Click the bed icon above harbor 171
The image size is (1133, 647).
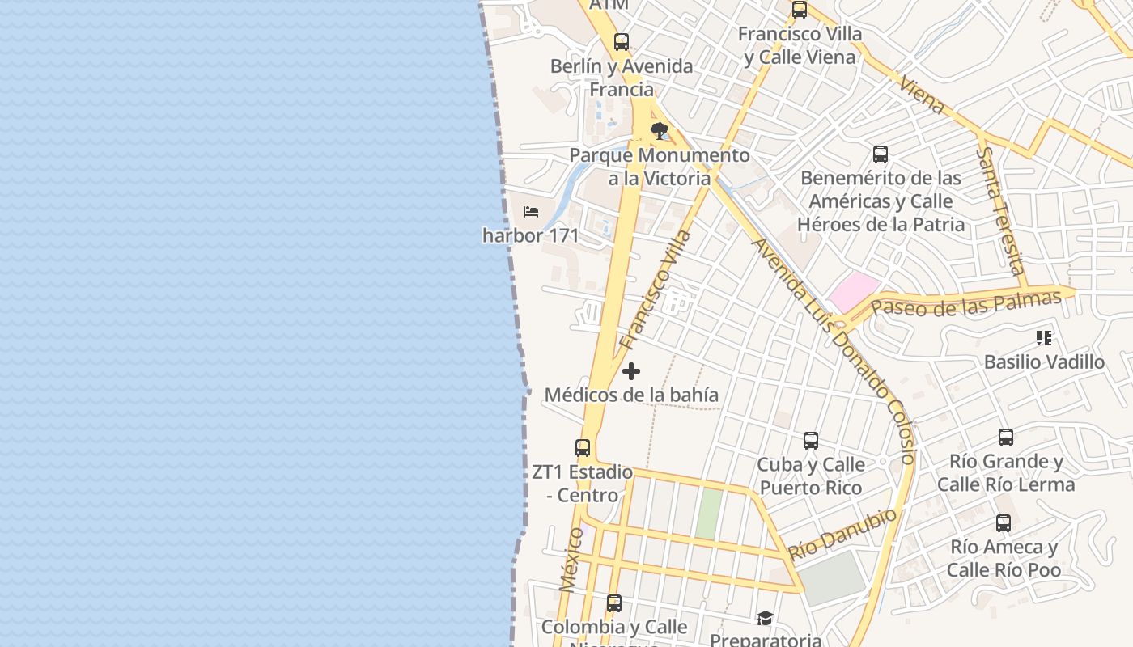click(531, 212)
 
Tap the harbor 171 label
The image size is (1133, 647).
click(531, 235)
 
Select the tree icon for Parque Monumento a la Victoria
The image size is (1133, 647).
click(660, 130)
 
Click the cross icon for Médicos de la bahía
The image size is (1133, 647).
click(631, 371)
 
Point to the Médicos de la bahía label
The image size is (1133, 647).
click(631, 395)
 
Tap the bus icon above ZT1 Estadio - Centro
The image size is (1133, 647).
click(583, 447)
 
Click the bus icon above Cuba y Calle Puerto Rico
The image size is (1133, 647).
click(811, 441)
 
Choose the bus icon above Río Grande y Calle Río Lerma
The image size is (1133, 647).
click(1006, 438)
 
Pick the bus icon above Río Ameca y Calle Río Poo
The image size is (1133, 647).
click(1004, 523)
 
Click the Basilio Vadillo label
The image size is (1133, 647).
click(1044, 362)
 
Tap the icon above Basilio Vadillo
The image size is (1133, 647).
click(1044, 338)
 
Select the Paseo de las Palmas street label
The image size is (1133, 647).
click(965, 303)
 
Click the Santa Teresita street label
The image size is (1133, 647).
click(1001, 210)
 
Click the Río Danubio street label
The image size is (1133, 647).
click(842, 533)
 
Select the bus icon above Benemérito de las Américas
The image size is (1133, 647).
click(881, 154)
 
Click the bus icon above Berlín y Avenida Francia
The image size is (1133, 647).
click(622, 42)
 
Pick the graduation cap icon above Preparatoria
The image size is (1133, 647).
click(765, 619)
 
